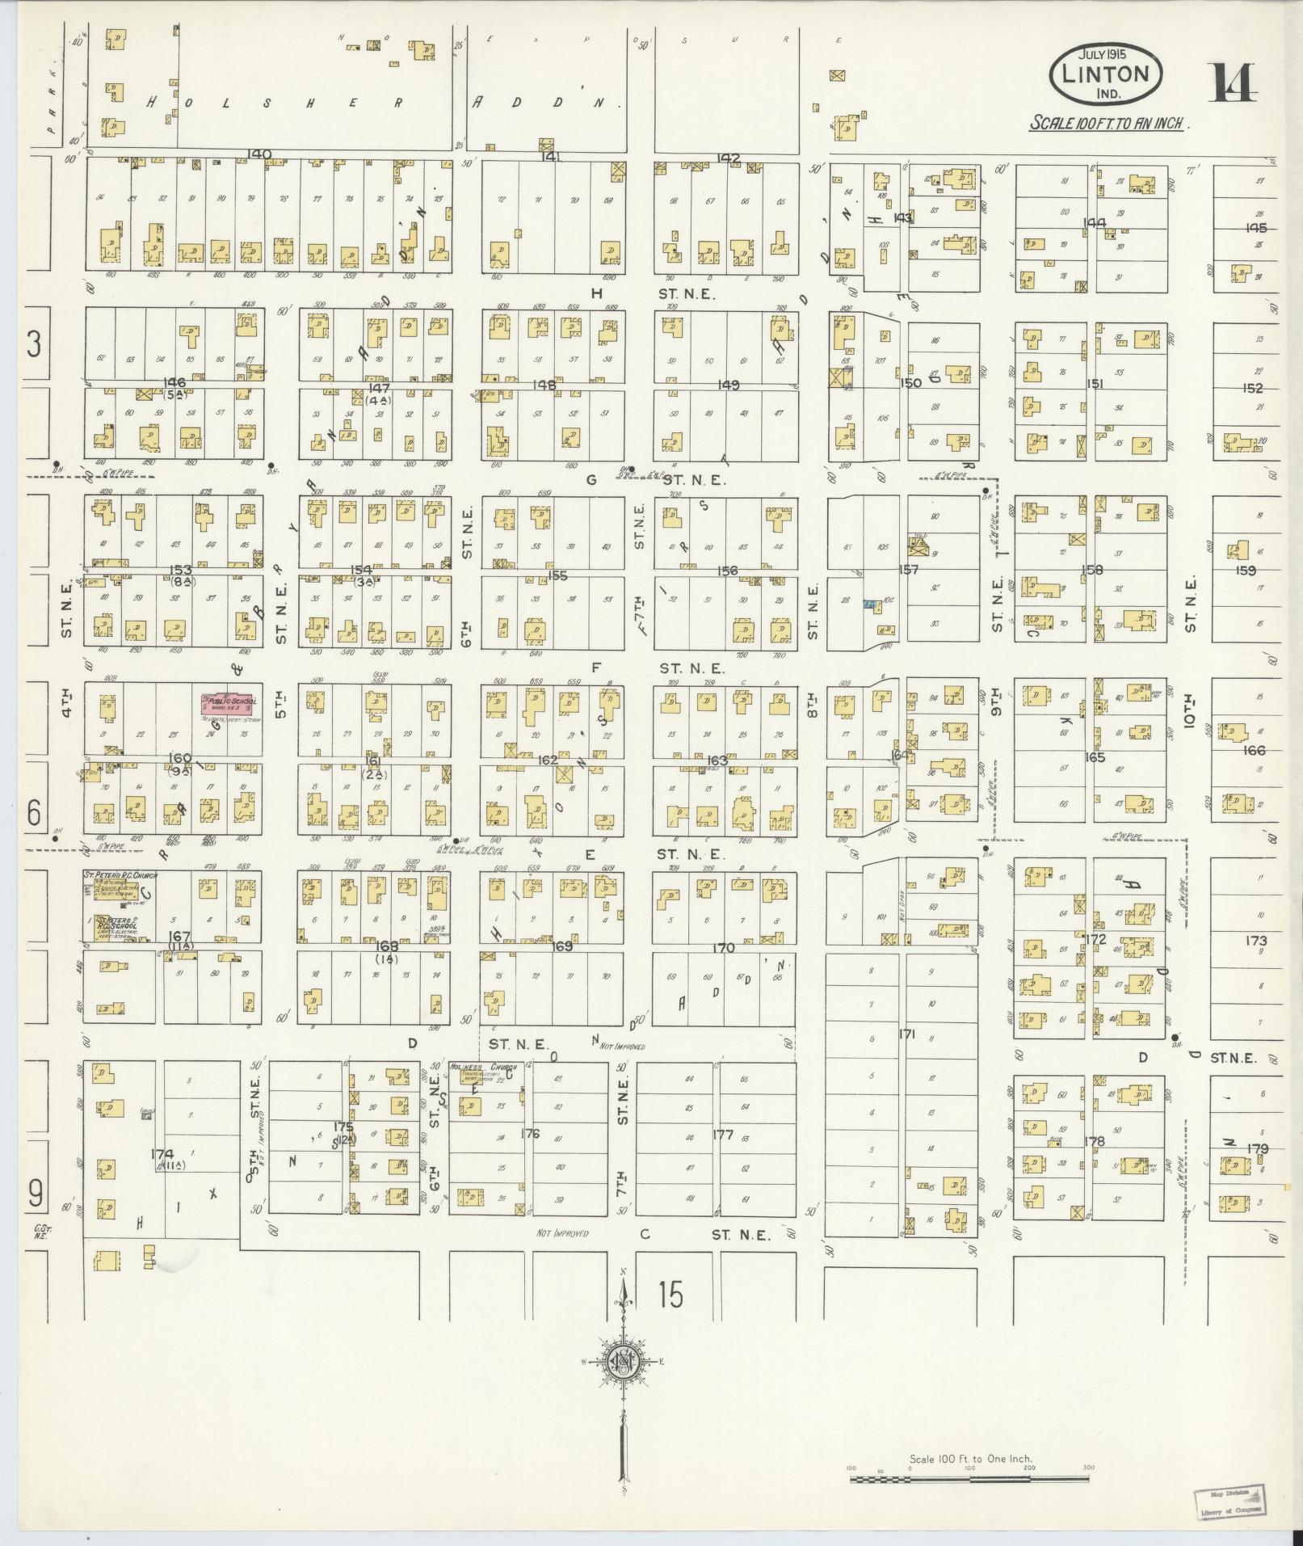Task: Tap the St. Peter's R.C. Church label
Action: [x=121, y=875]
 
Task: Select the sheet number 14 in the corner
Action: [x=1232, y=84]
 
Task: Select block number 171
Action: [x=906, y=1033]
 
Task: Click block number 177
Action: [x=723, y=1135]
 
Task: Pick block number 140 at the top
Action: [x=260, y=154]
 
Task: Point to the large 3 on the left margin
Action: [x=34, y=344]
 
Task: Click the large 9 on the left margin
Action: [x=35, y=1193]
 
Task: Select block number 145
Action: [x=1255, y=228]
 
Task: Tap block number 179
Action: [x=1257, y=1148]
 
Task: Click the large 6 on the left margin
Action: [x=34, y=813]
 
